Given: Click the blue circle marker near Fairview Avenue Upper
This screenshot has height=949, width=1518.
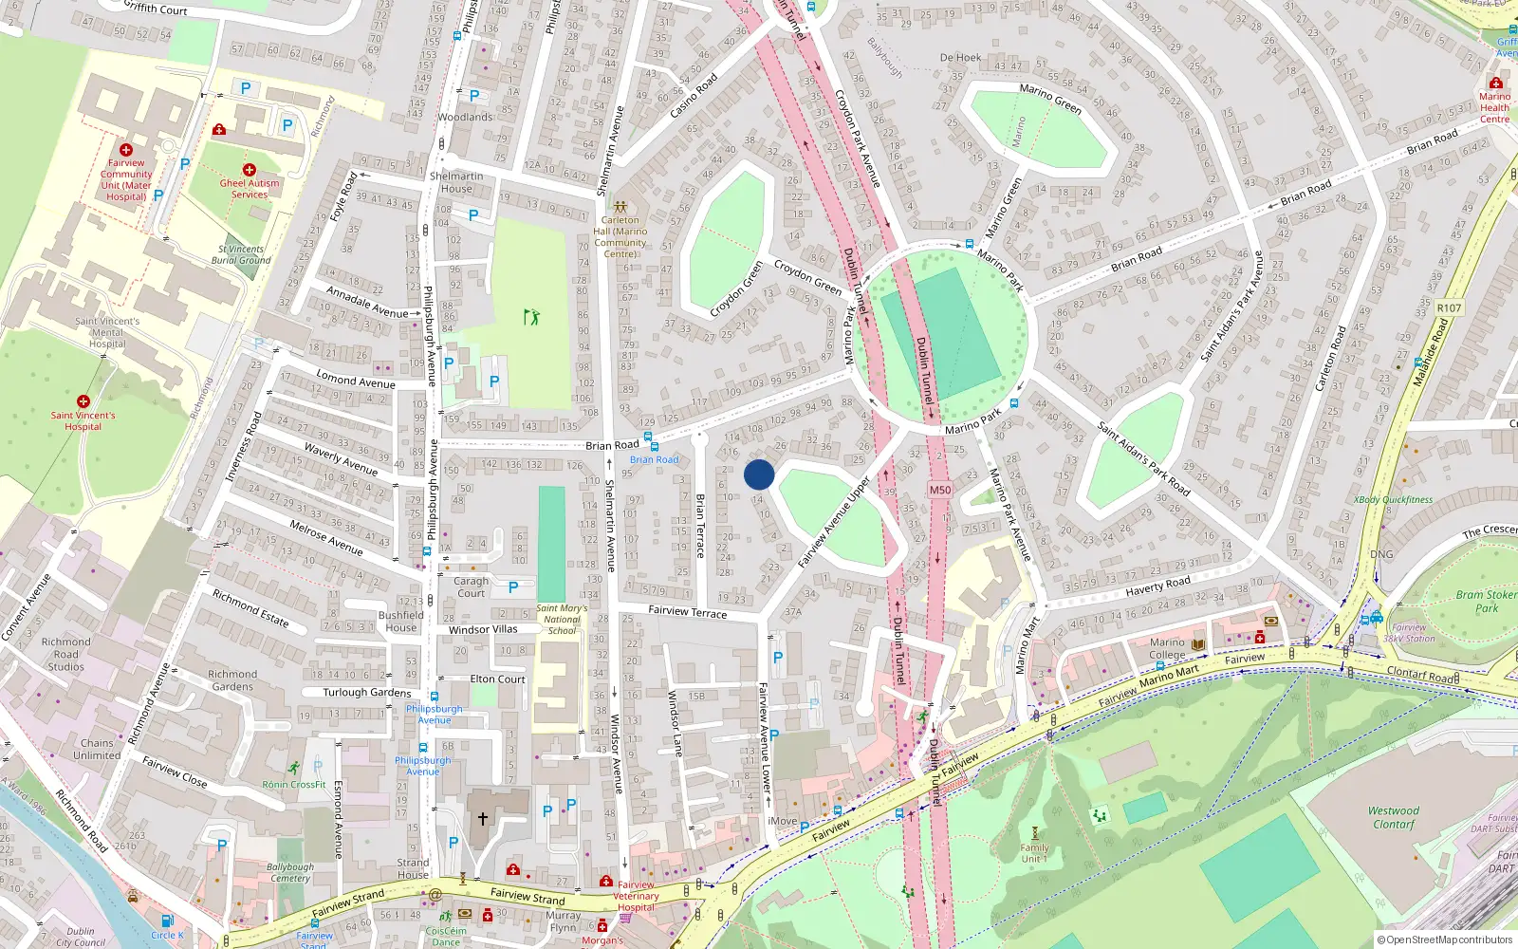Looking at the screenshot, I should click(x=759, y=474).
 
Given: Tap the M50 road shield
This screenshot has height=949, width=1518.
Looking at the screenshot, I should click(x=939, y=490).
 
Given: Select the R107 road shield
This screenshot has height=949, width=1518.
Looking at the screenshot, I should click(x=1449, y=307).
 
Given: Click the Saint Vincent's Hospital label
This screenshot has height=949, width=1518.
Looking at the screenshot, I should click(x=83, y=420).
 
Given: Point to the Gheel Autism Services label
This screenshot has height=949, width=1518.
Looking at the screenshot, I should click(x=250, y=188).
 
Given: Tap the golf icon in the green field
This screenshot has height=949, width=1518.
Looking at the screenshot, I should click(x=531, y=316).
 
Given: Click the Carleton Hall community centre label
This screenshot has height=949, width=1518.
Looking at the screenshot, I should click(x=620, y=236).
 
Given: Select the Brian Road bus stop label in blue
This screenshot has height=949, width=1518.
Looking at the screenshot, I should click(x=655, y=459).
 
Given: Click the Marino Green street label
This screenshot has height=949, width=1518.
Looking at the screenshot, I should click(x=1050, y=99).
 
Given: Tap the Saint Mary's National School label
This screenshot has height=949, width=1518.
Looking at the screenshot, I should click(x=562, y=619).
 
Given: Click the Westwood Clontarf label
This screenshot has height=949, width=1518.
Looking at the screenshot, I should click(x=1393, y=817).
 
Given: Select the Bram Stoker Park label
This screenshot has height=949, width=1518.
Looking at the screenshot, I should click(x=1486, y=601).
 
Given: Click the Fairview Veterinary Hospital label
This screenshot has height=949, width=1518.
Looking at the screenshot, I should click(x=636, y=896).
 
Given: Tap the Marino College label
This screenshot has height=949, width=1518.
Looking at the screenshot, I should click(x=1167, y=648).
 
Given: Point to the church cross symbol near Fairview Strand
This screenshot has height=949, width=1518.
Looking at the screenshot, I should click(x=482, y=818).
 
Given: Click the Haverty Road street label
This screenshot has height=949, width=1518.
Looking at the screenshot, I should click(x=1157, y=586).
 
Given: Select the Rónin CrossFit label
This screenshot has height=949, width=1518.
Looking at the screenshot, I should click(x=294, y=785).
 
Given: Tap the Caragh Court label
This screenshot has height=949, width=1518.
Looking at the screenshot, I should click(x=471, y=586).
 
